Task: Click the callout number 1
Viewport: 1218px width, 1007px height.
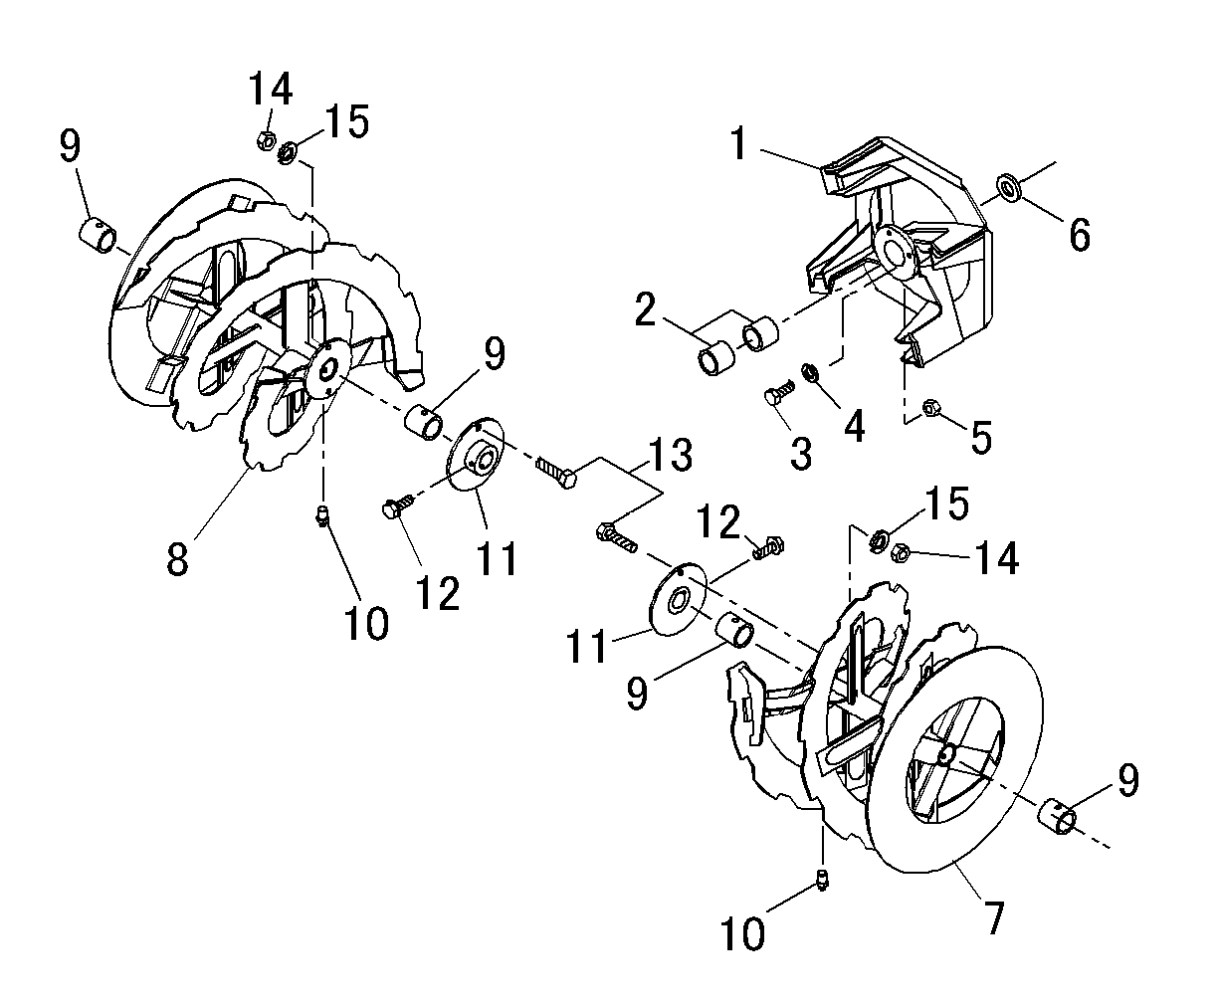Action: coord(738,143)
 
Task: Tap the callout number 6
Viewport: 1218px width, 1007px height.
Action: coord(1079,235)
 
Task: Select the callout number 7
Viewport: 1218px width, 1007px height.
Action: coord(994,917)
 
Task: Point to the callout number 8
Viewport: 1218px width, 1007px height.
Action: coord(177,558)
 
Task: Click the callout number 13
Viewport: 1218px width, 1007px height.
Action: coord(671,455)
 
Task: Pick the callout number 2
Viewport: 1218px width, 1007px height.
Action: coord(645,309)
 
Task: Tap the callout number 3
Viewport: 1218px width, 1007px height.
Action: coord(801,454)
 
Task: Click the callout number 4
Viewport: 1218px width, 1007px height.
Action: coord(854,427)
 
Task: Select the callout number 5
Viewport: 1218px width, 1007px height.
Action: coord(981,437)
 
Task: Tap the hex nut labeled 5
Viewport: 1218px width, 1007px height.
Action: coord(931,407)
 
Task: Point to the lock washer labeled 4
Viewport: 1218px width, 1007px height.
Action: coord(810,371)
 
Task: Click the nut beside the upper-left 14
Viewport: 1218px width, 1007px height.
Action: coord(266,140)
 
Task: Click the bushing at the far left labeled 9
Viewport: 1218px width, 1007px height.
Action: coord(98,235)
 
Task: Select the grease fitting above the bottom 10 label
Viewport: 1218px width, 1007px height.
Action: coord(823,880)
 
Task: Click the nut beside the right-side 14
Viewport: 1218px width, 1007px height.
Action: coord(901,552)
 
